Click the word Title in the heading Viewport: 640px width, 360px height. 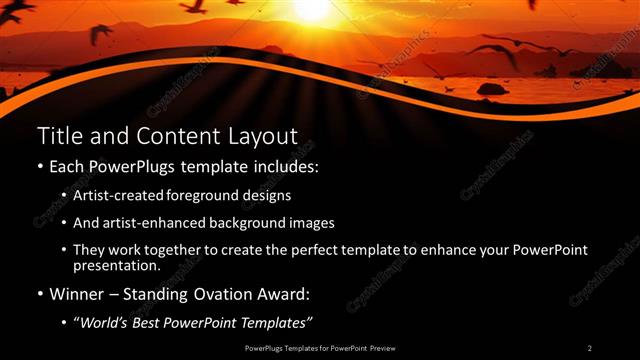[x=58, y=135]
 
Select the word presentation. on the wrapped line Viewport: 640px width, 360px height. [x=116, y=266]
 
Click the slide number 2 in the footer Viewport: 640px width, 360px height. [x=590, y=348]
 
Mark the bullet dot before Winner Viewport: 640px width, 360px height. [x=39, y=295]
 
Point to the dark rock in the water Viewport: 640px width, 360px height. [x=491, y=88]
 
